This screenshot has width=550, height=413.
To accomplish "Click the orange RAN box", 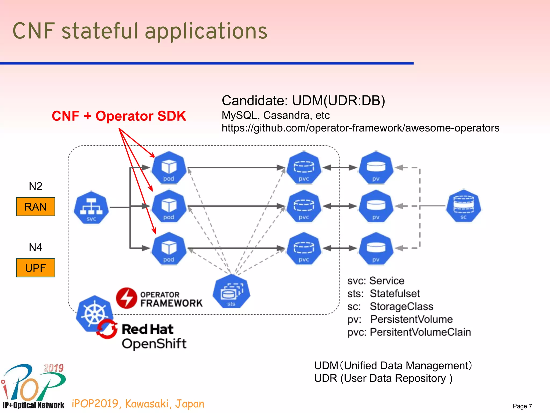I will coord(35,206).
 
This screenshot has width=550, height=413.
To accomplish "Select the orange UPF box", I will coord(35,268).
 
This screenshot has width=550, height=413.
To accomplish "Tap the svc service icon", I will coord(91,208).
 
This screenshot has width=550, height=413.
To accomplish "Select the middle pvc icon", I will coord(304,206).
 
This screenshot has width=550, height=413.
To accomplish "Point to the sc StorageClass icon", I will coord(463,206).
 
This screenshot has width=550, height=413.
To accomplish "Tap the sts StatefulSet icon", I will coord(231,291).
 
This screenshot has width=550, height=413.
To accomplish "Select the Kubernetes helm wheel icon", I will coord(95,314).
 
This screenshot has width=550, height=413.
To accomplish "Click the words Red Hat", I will coord(147,329).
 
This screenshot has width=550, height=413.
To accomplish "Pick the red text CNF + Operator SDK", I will coord(119,116).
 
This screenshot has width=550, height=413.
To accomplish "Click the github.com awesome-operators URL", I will coord(360,128).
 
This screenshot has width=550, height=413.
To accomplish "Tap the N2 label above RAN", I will coord(35,186).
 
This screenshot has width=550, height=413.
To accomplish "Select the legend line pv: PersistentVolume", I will coord(400,319).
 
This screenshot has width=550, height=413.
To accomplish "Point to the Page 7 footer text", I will coord(522,406).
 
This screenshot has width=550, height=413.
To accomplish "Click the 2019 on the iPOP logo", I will coord(53,368).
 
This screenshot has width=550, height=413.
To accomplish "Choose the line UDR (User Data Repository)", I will coord(383,378).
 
